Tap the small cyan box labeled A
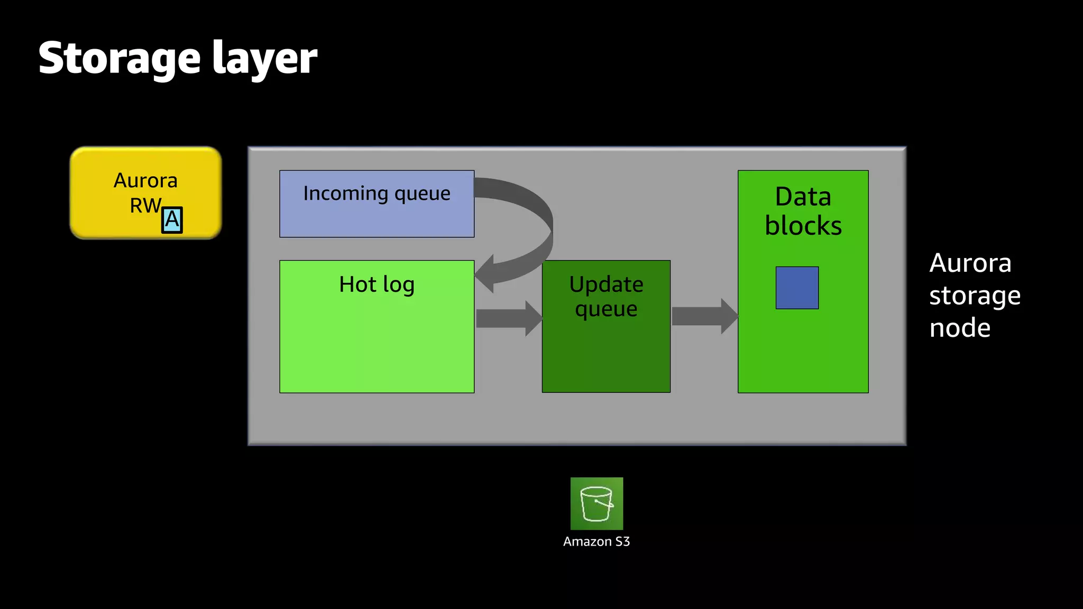point(172,220)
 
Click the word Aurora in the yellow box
point(145,181)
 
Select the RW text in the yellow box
point(145,205)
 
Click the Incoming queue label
point(377,193)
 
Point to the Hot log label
point(377,284)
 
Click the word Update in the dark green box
point(606,284)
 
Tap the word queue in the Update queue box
point(606,309)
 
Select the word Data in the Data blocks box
point(803,197)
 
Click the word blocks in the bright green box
point(803,226)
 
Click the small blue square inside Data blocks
point(797,288)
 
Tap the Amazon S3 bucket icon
point(596,503)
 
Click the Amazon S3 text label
point(596,541)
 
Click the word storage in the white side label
point(975,296)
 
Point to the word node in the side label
point(960,328)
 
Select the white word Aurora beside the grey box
point(970,263)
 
